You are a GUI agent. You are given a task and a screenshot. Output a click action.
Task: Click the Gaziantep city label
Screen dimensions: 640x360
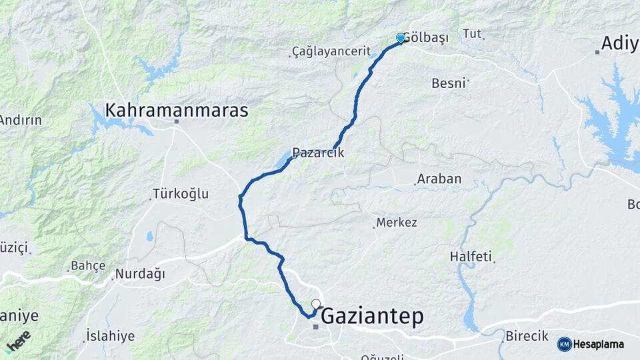tap(372, 316)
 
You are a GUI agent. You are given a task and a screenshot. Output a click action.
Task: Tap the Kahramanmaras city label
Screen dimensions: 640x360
tap(177, 110)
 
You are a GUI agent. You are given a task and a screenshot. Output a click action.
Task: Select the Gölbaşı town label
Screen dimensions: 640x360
tap(426, 38)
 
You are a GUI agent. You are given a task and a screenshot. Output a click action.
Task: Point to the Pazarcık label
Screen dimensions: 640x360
tap(318, 152)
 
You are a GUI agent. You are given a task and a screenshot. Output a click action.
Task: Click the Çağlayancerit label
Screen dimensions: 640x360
tap(323, 52)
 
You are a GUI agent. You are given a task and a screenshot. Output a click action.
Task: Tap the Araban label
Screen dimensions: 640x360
tap(439, 179)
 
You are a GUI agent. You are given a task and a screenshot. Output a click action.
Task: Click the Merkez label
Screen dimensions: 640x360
tap(397, 222)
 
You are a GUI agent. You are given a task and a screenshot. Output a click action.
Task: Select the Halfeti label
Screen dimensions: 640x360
tap(471, 256)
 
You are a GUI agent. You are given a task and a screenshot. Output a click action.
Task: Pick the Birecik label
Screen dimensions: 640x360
tap(526, 335)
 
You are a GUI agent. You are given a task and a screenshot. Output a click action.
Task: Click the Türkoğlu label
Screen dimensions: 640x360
tap(181, 194)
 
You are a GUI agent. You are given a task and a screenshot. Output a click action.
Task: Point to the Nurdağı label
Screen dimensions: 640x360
tap(140, 273)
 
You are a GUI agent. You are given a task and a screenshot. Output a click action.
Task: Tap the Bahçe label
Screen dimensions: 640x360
tap(88, 265)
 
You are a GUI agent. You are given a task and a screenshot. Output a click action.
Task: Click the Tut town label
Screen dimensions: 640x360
tap(471, 33)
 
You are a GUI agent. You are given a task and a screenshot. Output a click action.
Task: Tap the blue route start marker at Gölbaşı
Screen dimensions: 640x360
tap(401, 38)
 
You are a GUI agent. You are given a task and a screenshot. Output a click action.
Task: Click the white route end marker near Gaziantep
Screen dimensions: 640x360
tap(316, 304)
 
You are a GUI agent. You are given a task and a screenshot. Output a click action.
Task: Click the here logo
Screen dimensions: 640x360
tap(18, 341)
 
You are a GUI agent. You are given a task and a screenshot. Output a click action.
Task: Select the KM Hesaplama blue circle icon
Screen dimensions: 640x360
tap(565, 344)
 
